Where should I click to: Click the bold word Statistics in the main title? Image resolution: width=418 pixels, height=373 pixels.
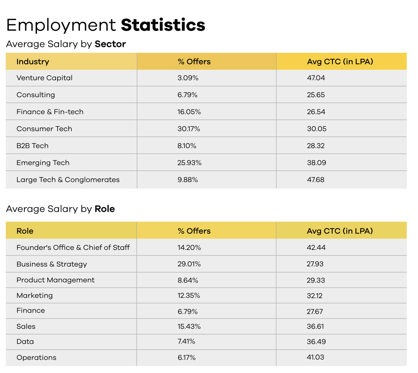(x=163, y=25)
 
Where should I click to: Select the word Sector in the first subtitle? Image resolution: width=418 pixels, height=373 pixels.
(x=110, y=44)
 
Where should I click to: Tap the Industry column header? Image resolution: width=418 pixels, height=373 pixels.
(x=33, y=62)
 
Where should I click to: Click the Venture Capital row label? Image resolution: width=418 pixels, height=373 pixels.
(x=44, y=78)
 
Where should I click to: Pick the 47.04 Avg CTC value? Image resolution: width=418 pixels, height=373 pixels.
(x=316, y=78)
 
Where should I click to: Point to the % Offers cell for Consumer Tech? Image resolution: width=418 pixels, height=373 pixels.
(x=189, y=129)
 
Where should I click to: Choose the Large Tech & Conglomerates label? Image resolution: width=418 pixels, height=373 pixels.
(x=68, y=180)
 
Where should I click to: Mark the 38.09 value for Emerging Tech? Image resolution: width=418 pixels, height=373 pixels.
(x=317, y=163)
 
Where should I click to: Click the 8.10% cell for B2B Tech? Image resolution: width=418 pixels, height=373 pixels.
(x=187, y=146)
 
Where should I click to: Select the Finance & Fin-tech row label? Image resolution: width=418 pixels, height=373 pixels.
(x=50, y=112)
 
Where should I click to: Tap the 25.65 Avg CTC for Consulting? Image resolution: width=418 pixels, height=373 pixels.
(x=316, y=95)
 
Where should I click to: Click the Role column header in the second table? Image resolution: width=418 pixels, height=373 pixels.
(x=25, y=231)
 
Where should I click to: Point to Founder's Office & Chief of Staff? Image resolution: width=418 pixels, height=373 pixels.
(x=73, y=247)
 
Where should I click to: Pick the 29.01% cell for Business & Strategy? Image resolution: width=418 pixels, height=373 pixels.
(x=189, y=264)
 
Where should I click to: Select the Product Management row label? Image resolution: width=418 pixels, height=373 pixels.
(x=55, y=280)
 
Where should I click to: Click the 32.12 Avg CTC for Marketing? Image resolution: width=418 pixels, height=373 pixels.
(x=314, y=296)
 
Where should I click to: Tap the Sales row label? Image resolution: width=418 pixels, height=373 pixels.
(x=26, y=327)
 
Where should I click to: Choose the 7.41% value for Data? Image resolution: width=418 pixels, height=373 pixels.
(x=186, y=342)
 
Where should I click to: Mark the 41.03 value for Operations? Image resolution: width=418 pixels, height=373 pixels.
(x=315, y=357)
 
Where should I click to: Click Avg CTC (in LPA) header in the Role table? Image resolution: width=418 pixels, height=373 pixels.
(x=340, y=231)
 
